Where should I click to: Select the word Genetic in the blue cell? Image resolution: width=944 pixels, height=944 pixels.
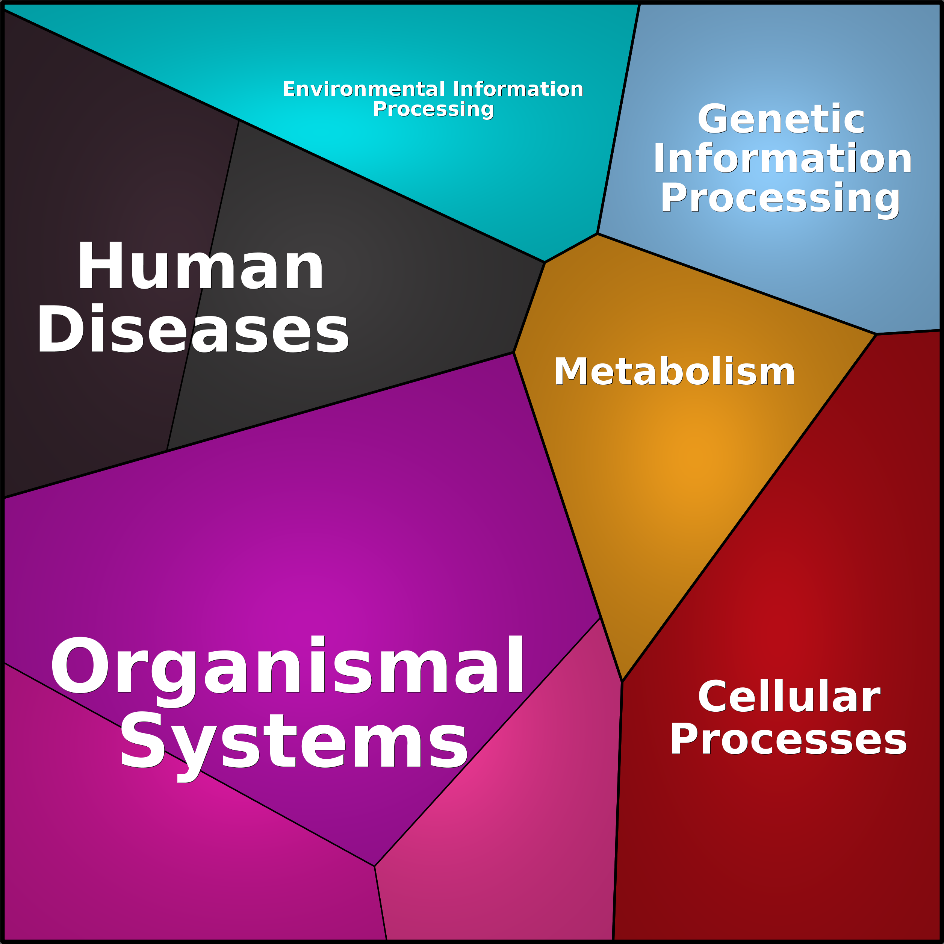pos(781,119)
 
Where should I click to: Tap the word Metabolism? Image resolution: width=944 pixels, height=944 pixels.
pos(674,372)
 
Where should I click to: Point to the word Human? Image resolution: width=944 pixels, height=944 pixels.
pos(200,266)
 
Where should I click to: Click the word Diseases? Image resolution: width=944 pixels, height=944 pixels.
pos(193,328)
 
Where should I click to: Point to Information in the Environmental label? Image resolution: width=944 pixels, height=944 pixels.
pos(518,89)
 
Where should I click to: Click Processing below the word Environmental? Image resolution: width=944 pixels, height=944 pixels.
pos(433,109)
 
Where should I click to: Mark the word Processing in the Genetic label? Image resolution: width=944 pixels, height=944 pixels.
pos(780,198)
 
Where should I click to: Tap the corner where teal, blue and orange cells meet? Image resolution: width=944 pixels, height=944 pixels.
pos(597,233)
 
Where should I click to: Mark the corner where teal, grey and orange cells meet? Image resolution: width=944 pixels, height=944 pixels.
pos(544,262)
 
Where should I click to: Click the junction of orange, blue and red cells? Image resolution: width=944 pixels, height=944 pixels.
pos(876,334)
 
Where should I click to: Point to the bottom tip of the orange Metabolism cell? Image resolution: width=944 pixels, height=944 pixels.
pos(622,681)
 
